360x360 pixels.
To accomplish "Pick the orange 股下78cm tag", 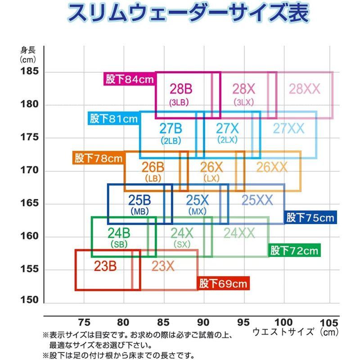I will [99, 158].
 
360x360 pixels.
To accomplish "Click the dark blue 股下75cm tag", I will [310, 218].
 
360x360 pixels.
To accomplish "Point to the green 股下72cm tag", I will [294, 250].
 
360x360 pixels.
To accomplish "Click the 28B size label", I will [181, 88].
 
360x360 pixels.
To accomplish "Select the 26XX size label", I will [272, 167].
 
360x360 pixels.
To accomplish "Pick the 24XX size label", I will [239, 233].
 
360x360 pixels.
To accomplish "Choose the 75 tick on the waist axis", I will [84, 323].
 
